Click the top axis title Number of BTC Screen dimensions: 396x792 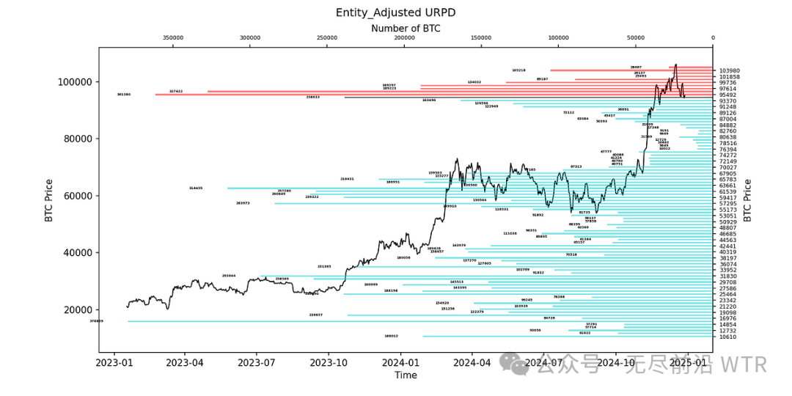(x=406, y=28)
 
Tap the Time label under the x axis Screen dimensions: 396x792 (x=406, y=375)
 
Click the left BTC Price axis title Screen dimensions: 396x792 (x=48, y=200)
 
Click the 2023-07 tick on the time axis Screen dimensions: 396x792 (x=256, y=362)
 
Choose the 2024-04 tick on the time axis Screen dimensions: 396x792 (x=473, y=362)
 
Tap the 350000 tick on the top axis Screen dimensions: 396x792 (x=173, y=38)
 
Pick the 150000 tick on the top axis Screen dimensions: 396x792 (x=481, y=38)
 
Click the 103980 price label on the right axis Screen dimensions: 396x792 (x=729, y=71)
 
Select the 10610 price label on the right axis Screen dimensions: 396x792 (x=727, y=337)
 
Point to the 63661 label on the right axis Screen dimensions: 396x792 (x=727, y=186)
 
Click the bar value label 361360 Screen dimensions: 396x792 (x=123, y=95)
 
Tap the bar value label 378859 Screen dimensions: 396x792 (x=96, y=321)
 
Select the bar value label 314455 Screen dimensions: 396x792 (x=195, y=188)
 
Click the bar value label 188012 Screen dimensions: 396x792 (x=391, y=337)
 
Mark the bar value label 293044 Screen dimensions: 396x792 (x=229, y=276)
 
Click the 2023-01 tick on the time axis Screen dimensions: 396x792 (x=115, y=362)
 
